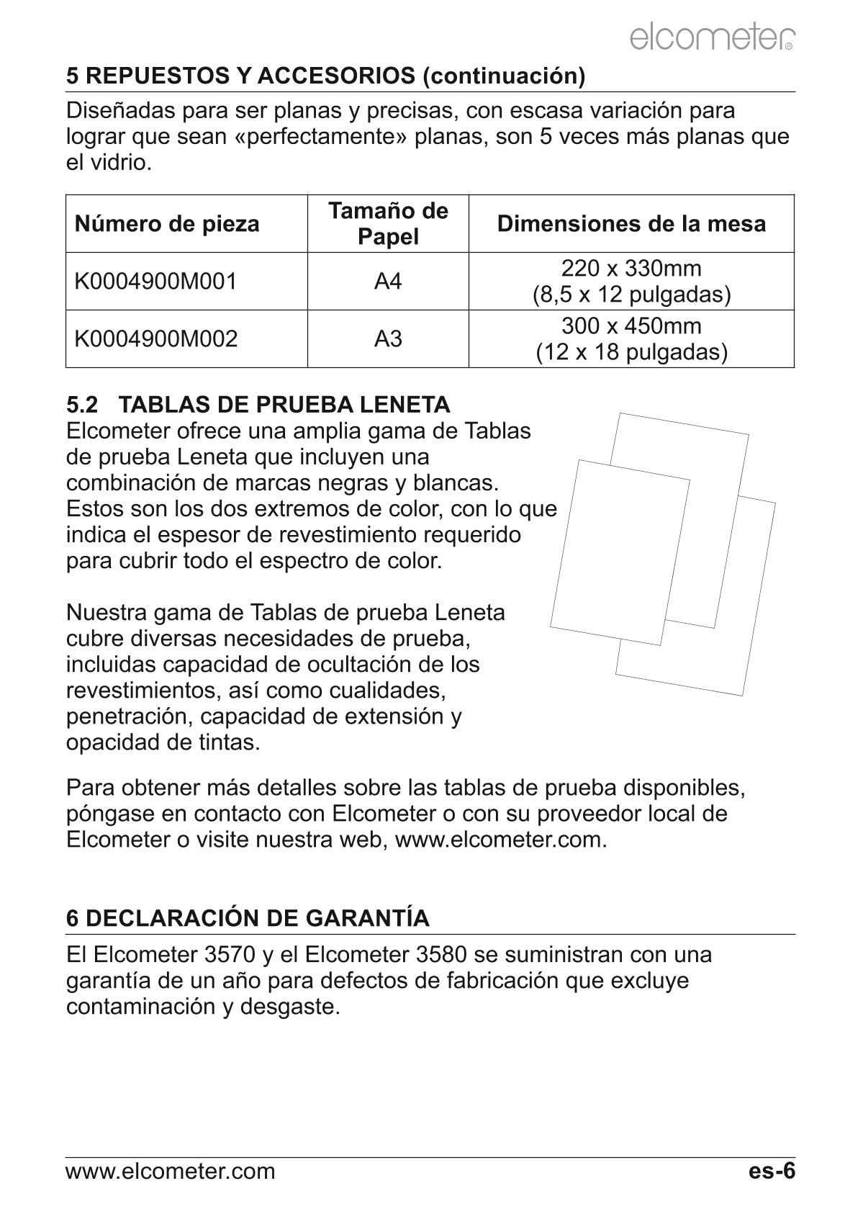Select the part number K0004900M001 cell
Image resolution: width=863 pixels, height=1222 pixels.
click(x=155, y=282)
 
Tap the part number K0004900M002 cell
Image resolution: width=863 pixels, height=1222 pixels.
click(x=155, y=339)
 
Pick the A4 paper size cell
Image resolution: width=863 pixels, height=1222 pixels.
click(x=388, y=282)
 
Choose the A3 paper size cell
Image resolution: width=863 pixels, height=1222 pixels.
click(x=388, y=339)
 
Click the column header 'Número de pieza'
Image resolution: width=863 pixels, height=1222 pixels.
click(x=167, y=224)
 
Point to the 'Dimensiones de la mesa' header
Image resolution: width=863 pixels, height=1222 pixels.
click(x=631, y=224)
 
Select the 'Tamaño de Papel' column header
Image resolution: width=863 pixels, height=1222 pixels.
click(x=388, y=223)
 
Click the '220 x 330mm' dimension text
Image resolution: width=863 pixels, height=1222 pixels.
click(x=631, y=269)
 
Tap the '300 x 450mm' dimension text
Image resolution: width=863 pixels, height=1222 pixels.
click(x=631, y=326)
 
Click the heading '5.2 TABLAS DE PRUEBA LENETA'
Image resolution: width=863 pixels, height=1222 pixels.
click(x=258, y=404)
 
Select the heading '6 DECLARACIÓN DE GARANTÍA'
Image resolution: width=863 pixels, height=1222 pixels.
click(x=248, y=918)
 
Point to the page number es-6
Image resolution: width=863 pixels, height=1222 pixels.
click(x=772, y=1171)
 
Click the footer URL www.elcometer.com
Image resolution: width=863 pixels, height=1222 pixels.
click(x=171, y=1172)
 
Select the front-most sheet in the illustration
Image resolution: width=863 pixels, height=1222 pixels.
click(x=619, y=552)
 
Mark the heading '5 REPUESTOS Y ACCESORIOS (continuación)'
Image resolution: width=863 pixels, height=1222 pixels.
click(x=325, y=76)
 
